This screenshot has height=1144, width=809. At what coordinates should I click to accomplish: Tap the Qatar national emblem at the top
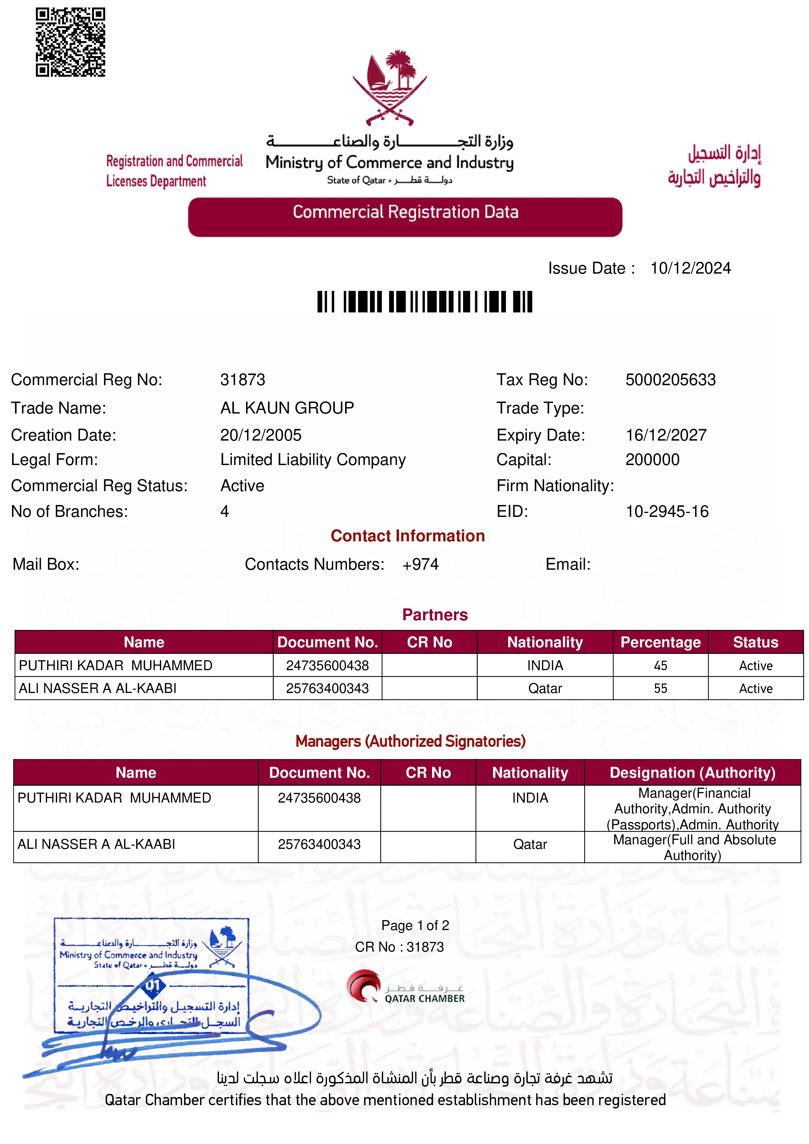click(x=390, y=87)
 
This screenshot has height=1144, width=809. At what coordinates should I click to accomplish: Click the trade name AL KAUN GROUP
click(x=287, y=408)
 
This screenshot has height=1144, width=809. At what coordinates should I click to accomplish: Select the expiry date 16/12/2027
click(x=666, y=435)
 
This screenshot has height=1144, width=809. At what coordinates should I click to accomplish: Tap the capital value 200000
click(x=652, y=459)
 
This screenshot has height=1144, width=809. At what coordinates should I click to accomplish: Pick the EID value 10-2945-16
click(x=667, y=511)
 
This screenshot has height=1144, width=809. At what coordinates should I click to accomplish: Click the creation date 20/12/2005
click(x=261, y=435)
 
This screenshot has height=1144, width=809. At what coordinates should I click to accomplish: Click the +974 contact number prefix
click(x=420, y=564)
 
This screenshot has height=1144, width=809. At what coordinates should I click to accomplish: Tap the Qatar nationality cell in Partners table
click(x=545, y=689)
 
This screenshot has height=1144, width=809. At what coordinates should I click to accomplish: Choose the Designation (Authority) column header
click(x=692, y=773)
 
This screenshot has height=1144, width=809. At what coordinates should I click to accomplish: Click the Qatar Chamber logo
click(x=405, y=987)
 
